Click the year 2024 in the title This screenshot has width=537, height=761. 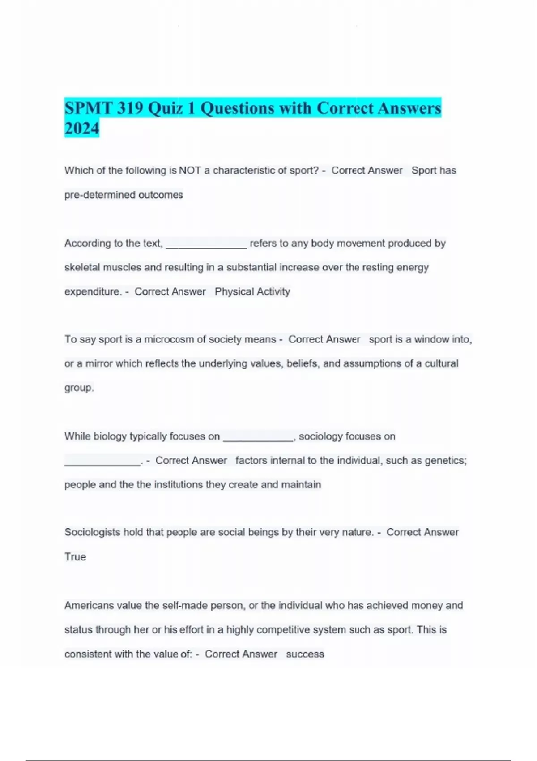click(81, 128)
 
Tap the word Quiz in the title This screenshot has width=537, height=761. click(166, 108)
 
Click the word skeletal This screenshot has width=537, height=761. click(82, 268)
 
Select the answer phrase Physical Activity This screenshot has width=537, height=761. click(252, 292)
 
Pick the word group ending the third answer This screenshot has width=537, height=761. click(78, 388)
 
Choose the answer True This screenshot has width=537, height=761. click(75, 557)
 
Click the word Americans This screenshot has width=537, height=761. click(89, 606)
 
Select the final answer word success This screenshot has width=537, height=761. click(305, 654)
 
